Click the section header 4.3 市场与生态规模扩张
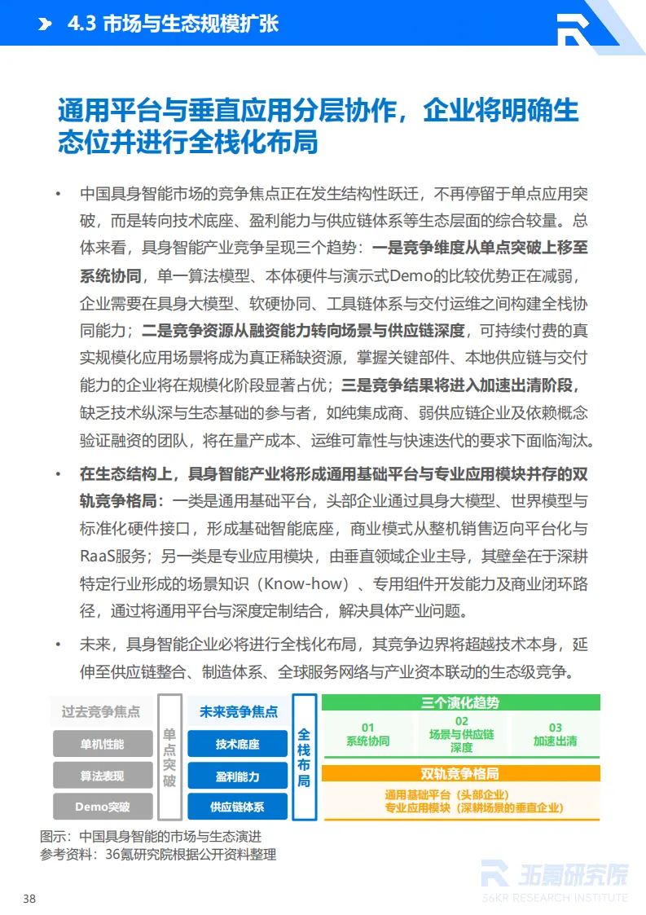[x=173, y=24]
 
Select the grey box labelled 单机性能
[x=103, y=744]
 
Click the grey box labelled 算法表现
[x=103, y=776]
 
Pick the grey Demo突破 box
[x=103, y=807]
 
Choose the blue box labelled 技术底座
[x=238, y=744]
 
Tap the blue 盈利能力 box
[x=238, y=776]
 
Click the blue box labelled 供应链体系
[x=238, y=807]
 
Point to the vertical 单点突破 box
[x=169, y=757]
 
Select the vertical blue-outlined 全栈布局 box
[x=304, y=757]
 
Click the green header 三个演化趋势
[x=460, y=702]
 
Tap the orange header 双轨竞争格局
[x=460, y=773]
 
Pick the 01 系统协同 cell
[x=367, y=734]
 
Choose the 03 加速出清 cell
[x=555, y=734]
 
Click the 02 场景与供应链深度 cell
[x=462, y=734]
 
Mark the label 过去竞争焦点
[x=101, y=711]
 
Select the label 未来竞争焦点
[x=238, y=711]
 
